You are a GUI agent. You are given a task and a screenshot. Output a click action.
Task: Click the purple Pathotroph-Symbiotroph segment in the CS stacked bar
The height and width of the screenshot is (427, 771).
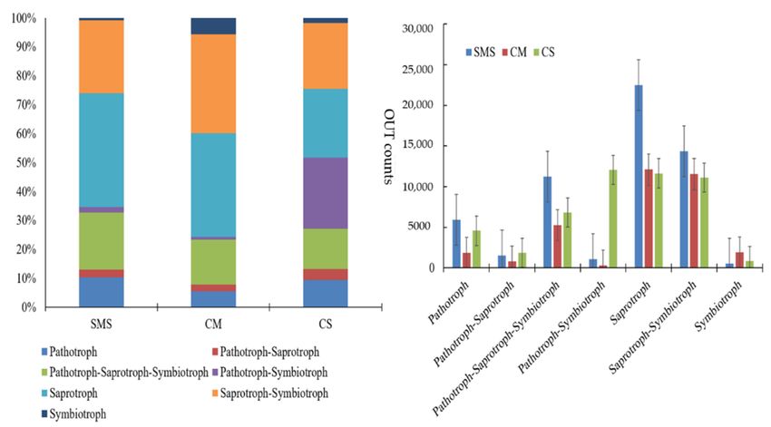tap(325, 193)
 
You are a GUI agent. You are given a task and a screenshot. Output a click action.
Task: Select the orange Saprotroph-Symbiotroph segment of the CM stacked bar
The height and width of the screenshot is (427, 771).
tap(213, 84)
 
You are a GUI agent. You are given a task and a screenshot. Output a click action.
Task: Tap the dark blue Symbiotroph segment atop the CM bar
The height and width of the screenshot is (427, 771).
tap(213, 26)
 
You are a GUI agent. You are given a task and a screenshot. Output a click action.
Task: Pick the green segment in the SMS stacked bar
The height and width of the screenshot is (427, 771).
tap(102, 241)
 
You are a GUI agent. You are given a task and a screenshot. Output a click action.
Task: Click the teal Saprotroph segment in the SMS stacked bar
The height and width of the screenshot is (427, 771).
tap(102, 150)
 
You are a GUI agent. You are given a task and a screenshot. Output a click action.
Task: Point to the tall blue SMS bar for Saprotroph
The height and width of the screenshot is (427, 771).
tap(639, 177)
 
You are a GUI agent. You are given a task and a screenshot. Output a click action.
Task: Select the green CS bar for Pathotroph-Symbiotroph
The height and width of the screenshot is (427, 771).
tap(612, 218)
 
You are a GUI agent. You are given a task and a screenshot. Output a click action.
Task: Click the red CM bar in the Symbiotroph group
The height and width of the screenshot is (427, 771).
tap(739, 260)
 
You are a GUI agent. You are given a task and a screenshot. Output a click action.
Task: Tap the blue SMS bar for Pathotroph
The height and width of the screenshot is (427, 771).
tap(456, 244)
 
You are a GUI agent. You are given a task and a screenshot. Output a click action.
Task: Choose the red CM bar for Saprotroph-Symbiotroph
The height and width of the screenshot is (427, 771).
tap(694, 221)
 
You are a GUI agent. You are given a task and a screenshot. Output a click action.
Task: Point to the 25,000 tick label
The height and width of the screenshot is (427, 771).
tap(417, 69)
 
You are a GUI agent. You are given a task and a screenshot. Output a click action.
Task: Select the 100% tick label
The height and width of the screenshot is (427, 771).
tap(24, 19)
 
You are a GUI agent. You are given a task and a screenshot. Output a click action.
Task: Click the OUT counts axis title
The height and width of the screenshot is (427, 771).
tap(388, 147)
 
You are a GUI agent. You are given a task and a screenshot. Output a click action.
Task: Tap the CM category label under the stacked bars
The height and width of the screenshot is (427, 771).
tap(213, 324)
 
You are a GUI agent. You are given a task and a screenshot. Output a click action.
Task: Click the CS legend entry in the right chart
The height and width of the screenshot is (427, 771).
tap(544, 52)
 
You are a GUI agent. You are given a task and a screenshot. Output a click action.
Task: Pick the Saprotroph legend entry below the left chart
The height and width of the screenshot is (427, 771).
tap(69, 393)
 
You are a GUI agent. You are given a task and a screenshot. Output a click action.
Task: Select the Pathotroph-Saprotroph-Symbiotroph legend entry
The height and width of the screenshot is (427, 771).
tap(125, 373)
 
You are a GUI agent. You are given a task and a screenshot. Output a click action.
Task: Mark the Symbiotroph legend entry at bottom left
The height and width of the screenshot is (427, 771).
tap(73, 413)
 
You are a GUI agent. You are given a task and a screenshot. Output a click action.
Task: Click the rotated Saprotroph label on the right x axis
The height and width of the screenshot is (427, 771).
tap(631, 303)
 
